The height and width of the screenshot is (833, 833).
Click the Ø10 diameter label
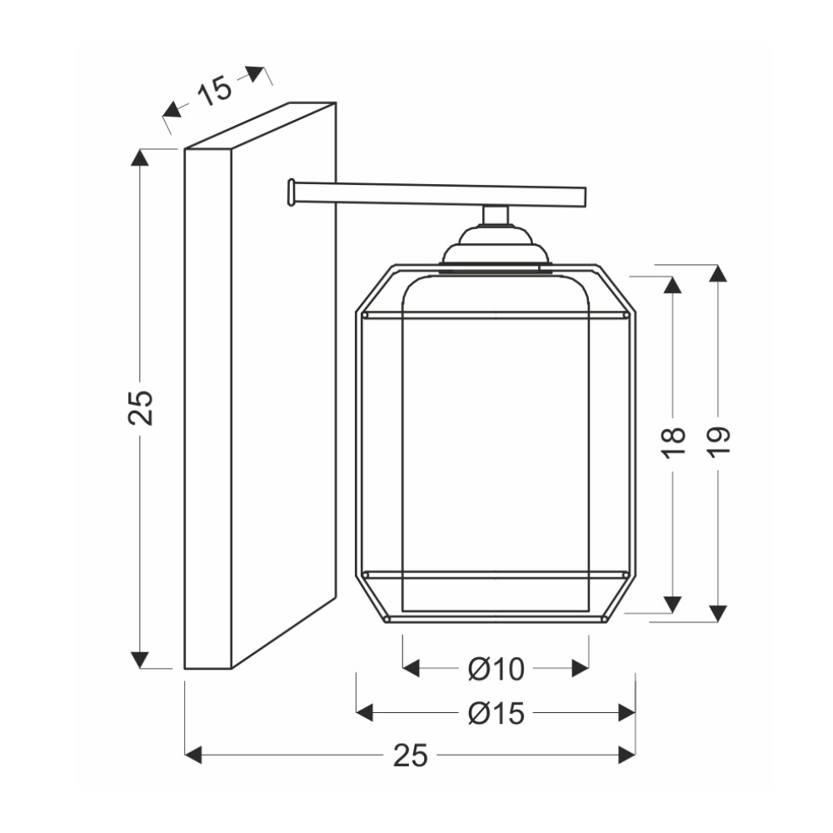tap(496, 669)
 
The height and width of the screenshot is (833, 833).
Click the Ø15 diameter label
tap(496, 713)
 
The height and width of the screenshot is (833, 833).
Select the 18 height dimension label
tap(673, 442)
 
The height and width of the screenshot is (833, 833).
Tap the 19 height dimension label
tap(718, 442)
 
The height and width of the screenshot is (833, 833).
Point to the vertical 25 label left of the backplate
tap(140, 408)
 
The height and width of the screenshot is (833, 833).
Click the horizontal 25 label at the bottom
tap(410, 755)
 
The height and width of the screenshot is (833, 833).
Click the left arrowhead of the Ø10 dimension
tap(412, 668)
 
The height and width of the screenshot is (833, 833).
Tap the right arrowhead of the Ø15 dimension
tap(627, 712)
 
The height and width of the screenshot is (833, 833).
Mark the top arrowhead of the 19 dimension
tap(718, 273)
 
